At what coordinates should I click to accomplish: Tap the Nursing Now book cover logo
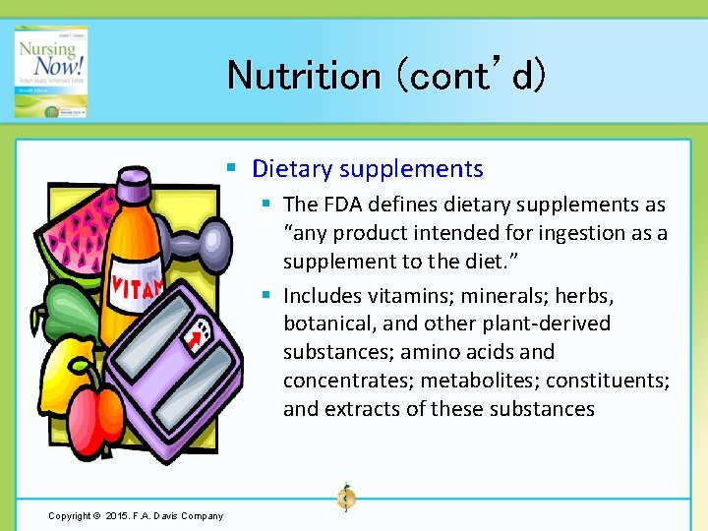pyautogui.click(x=50, y=72)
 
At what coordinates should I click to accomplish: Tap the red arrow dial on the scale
pyautogui.click(x=198, y=338)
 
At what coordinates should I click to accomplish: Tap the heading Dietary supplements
pyautogui.click(x=367, y=168)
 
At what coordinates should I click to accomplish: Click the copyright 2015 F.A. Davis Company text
pyautogui.click(x=136, y=515)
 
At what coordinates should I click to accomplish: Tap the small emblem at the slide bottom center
pyautogui.click(x=345, y=499)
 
